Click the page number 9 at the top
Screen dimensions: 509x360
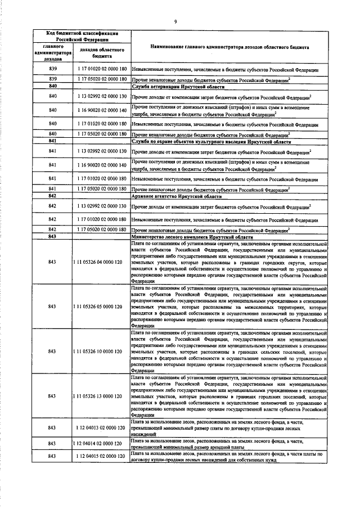point(176,21)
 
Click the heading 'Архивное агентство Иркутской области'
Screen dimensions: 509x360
point(169,196)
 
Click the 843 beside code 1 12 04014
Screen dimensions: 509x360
point(53,444)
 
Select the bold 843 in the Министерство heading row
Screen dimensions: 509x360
point(53,237)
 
